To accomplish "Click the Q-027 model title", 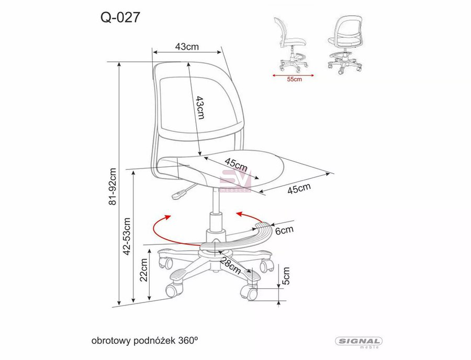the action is [120, 17].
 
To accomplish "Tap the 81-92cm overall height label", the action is [113, 186].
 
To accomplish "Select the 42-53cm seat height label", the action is [127, 237].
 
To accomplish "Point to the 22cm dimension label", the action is [144, 269].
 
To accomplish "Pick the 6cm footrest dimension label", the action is [284, 231].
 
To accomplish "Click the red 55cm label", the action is [294, 79].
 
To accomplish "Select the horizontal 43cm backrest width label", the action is [187, 47].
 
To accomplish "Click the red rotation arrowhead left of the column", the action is [167, 218].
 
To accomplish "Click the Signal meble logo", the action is [358, 342].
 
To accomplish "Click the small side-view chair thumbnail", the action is [291, 45].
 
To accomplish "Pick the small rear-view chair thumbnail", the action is [346, 45].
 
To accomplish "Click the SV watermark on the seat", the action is [235, 181].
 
